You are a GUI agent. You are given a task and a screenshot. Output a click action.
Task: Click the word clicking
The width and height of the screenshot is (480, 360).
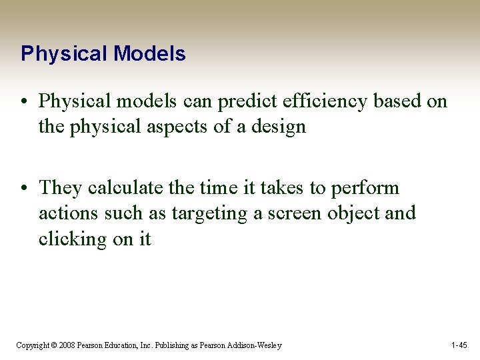click(77, 239)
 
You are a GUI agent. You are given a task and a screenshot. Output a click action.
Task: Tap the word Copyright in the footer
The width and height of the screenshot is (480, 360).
click(32, 345)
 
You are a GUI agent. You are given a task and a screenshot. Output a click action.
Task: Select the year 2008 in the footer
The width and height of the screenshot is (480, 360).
click(66, 345)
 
